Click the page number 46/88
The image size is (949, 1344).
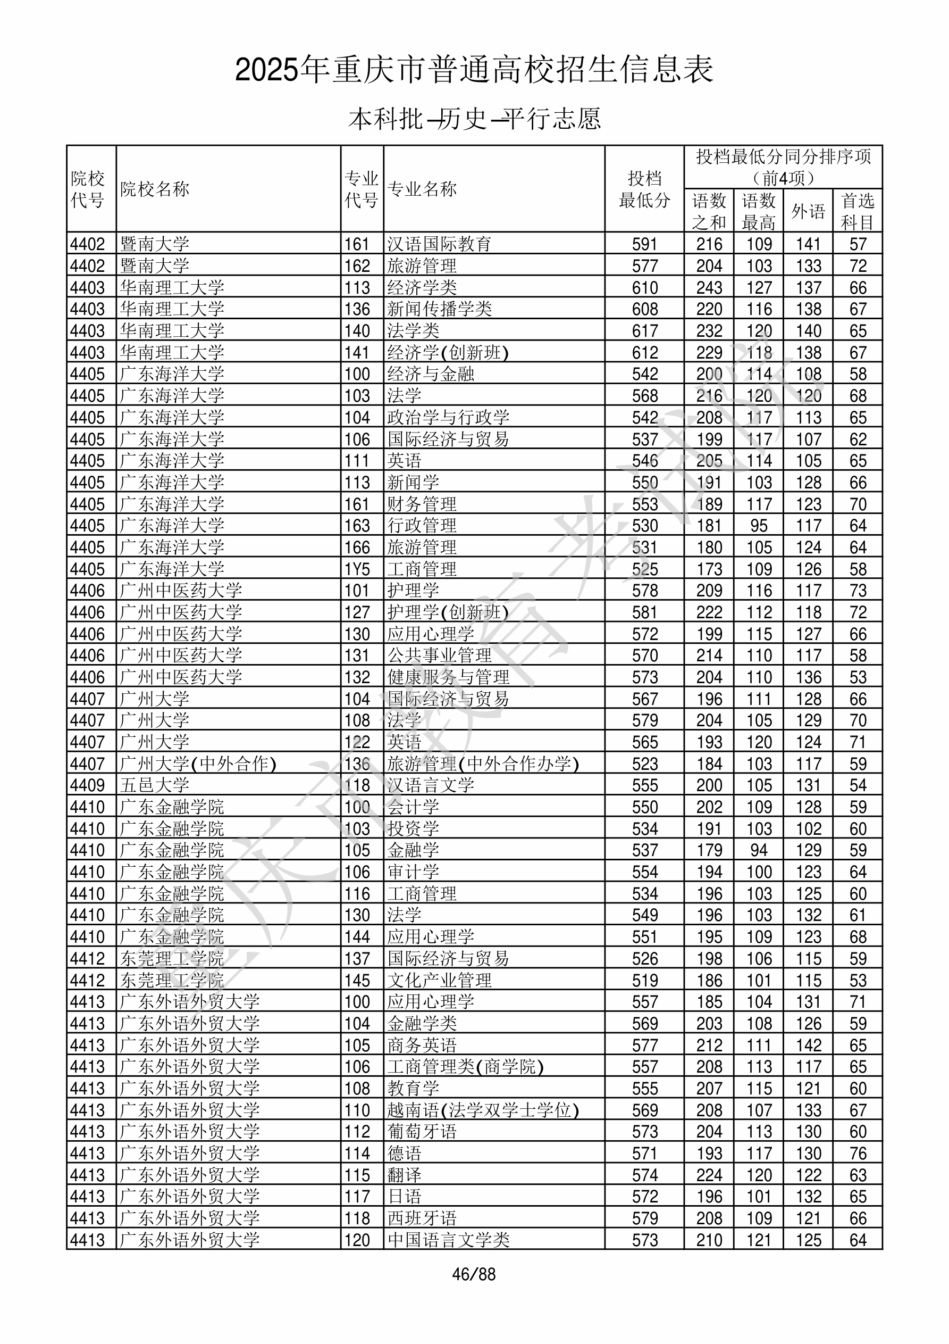[473, 1274]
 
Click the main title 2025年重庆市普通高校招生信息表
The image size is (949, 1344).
[474, 70]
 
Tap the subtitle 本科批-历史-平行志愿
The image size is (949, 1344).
[474, 119]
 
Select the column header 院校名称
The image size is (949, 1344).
[155, 189]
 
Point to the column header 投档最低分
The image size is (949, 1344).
[644, 189]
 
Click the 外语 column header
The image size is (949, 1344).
[808, 211]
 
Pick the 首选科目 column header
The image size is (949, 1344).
[857, 211]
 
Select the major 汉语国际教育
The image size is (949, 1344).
[439, 244]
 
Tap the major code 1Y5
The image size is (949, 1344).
[357, 569]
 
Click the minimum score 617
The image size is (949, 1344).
[644, 331]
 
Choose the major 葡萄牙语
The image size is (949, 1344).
[421, 1132]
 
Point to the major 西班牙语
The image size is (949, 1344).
[421, 1218]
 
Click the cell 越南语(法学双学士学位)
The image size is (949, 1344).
[483, 1110]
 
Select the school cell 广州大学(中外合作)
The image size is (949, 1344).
[198, 764]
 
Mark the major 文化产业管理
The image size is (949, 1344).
[439, 980]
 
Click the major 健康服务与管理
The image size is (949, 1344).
[448, 677]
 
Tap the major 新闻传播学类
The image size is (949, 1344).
[439, 309]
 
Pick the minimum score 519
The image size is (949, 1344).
[644, 980]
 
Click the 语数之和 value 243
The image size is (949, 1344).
[709, 287]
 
